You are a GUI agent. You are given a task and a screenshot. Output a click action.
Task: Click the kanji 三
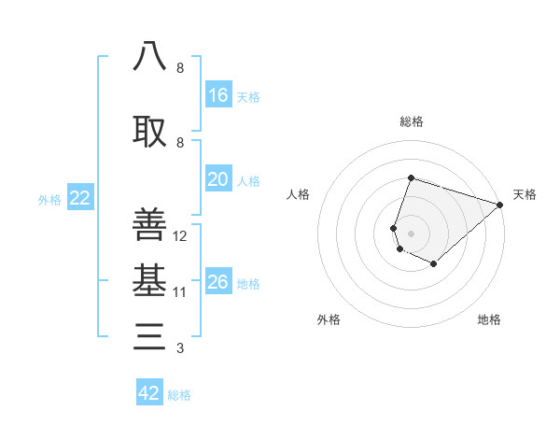coord(149,336)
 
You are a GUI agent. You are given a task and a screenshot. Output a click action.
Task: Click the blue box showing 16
coord(218,94)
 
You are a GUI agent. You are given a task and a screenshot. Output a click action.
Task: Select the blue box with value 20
coord(218,179)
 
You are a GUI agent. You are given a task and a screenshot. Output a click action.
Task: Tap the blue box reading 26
coord(218,282)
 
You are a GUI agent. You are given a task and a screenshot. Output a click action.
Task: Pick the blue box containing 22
coord(80,198)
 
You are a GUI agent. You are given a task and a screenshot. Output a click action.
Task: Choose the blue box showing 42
coord(149,393)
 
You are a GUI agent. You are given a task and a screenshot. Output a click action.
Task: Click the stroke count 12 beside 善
coord(180,236)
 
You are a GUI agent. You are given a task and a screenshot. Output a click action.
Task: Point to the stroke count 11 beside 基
coord(180,292)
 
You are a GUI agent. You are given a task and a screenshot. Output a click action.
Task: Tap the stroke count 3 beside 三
coord(179,349)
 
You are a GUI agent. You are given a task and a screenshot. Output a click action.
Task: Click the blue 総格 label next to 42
coord(179,395)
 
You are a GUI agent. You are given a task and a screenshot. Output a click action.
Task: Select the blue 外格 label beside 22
coord(49,199)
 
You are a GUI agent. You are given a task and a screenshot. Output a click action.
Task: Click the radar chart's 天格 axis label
coord(525,194)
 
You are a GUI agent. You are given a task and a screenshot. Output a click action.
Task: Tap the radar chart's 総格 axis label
coord(411,121)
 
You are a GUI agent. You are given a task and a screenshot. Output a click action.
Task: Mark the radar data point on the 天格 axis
coord(500,204)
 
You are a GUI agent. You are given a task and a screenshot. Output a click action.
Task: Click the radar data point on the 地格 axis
coord(434,264)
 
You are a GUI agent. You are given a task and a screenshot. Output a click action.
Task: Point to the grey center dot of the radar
coord(411,233)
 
